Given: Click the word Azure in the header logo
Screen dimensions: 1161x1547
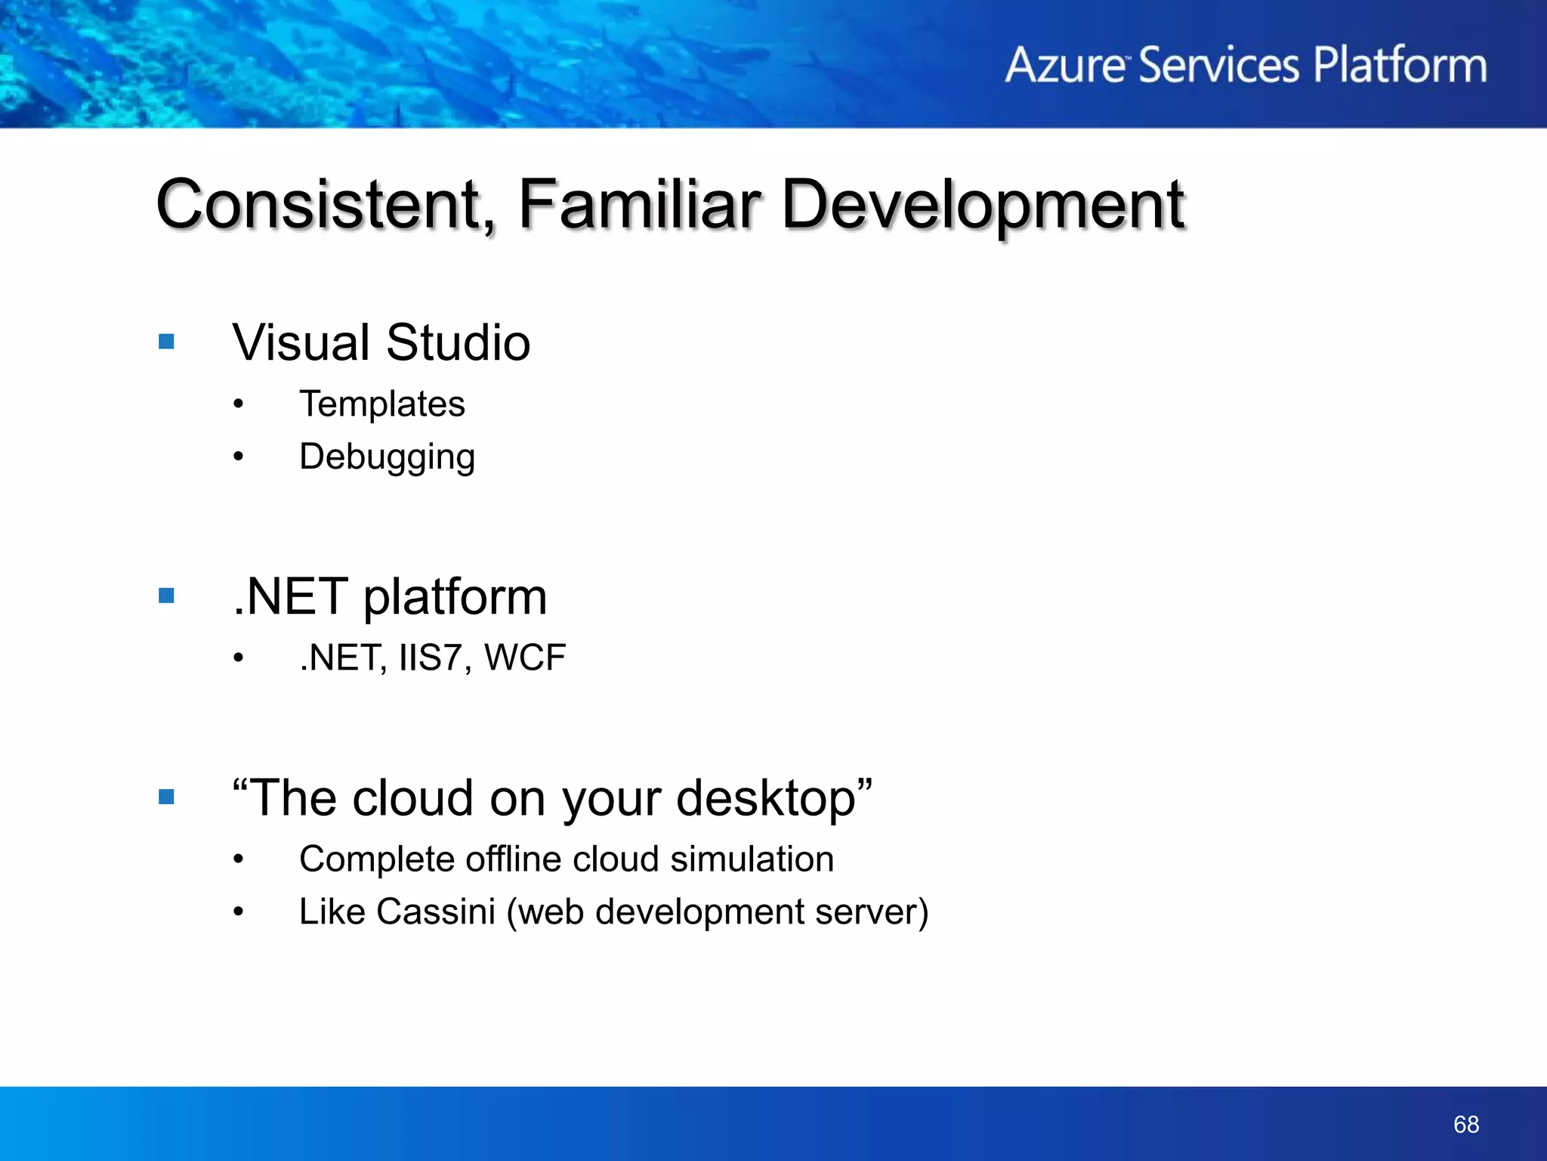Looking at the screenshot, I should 1065,65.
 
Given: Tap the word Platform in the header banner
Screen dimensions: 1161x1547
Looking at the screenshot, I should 1400,65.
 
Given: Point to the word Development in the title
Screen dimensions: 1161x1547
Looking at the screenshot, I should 982,206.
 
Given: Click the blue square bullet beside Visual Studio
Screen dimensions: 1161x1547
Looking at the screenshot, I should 167,342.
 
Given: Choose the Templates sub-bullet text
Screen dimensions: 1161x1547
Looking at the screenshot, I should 382,404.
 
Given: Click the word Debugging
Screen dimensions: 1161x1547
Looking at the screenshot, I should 387,457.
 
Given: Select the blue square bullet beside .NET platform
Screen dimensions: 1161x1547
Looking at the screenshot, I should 167,596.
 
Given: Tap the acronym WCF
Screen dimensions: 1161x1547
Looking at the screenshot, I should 525,658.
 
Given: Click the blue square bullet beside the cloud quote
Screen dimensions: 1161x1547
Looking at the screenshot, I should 167,797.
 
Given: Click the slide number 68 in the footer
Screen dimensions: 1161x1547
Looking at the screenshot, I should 1465,1124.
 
